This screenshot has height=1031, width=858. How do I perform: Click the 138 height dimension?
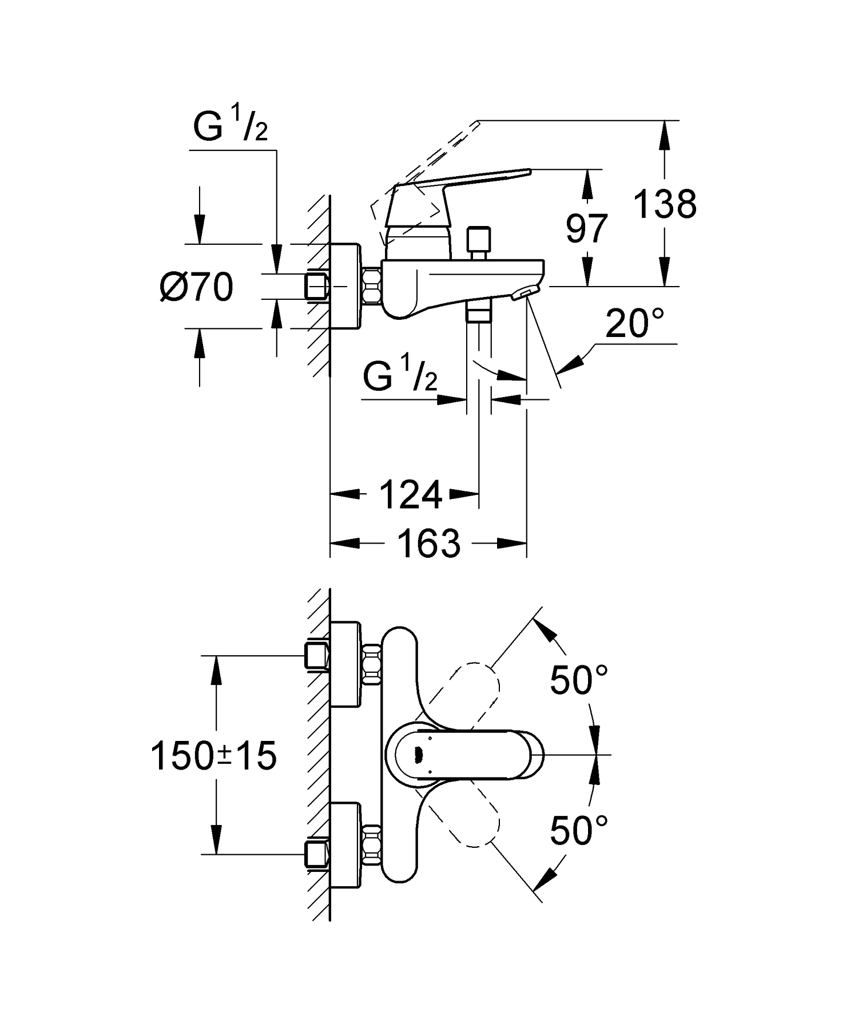point(665,204)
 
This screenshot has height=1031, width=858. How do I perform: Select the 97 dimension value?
point(586,228)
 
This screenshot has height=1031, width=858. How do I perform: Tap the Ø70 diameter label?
point(196,287)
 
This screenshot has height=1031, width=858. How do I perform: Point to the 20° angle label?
point(634,324)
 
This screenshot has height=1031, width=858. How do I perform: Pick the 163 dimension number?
point(428,544)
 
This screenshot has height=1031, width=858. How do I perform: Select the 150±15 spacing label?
point(213,755)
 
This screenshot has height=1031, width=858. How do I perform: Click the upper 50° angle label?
point(578,680)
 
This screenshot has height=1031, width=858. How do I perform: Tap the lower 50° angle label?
point(578,830)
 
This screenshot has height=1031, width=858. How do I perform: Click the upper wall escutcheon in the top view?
point(345,664)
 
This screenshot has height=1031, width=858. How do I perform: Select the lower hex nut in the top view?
point(372,844)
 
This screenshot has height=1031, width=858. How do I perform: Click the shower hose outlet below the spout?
point(479,313)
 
